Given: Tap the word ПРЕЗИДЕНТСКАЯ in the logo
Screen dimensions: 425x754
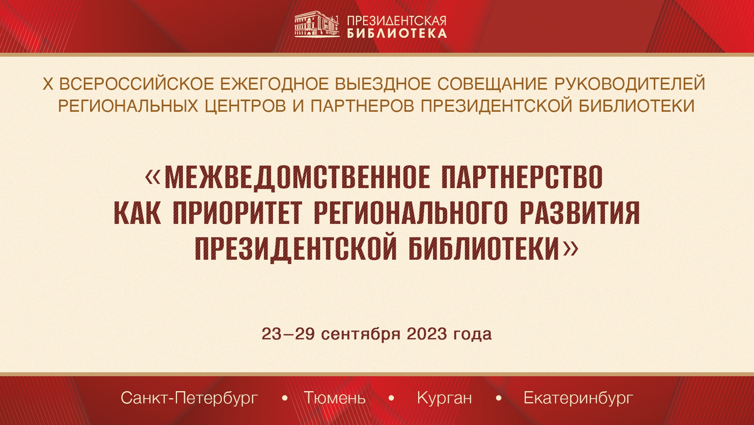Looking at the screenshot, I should coord(396,21).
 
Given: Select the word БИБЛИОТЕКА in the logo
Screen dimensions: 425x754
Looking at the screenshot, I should coord(396,33).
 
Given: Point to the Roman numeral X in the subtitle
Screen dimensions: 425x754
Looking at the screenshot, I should coord(48,84).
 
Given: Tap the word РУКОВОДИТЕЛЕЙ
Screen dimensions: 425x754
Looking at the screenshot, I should coord(629,84).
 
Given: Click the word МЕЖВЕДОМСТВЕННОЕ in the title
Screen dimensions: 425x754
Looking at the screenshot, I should coord(297,177).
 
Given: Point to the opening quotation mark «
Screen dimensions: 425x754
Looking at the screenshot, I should coord(153,177).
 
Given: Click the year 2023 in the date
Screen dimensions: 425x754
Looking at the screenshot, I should coord(427,334).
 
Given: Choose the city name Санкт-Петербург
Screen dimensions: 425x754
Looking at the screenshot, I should coord(189,398).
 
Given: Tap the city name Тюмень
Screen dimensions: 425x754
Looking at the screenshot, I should coord(335,398).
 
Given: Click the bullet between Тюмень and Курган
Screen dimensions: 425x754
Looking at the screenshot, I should coord(391,398).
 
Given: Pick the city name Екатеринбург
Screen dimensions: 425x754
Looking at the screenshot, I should coord(578,398).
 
